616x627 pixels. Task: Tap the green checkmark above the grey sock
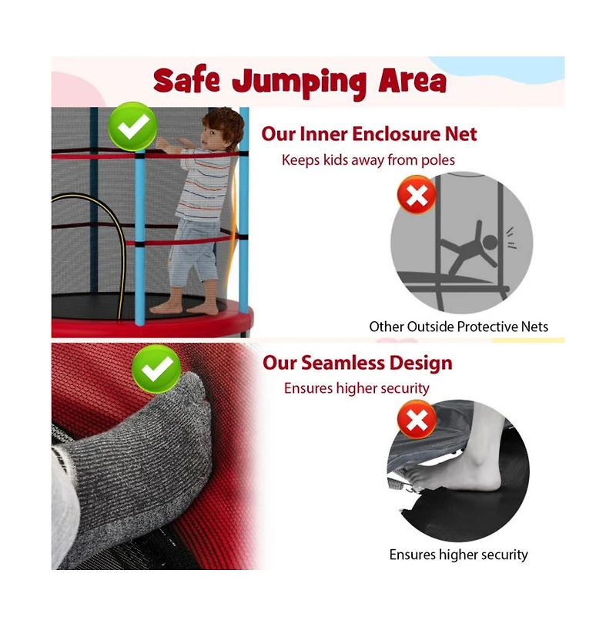(x=157, y=370)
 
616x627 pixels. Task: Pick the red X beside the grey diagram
(x=417, y=196)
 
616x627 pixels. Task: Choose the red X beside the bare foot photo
(x=417, y=421)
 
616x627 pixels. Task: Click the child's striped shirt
(x=203, y=185)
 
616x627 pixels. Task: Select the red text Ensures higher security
(x=357, y=388)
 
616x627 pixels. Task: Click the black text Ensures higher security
(x=458, y=555)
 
